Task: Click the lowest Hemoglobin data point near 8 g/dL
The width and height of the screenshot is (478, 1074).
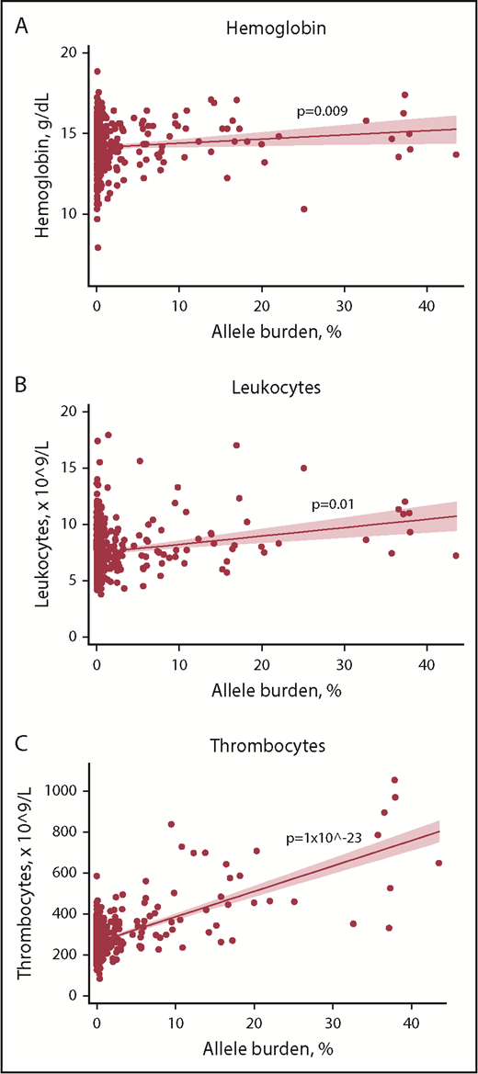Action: (97, 247)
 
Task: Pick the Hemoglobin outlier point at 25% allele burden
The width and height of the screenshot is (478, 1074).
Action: (304, 209)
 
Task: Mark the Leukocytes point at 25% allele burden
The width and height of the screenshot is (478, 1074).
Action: (304, 468)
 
